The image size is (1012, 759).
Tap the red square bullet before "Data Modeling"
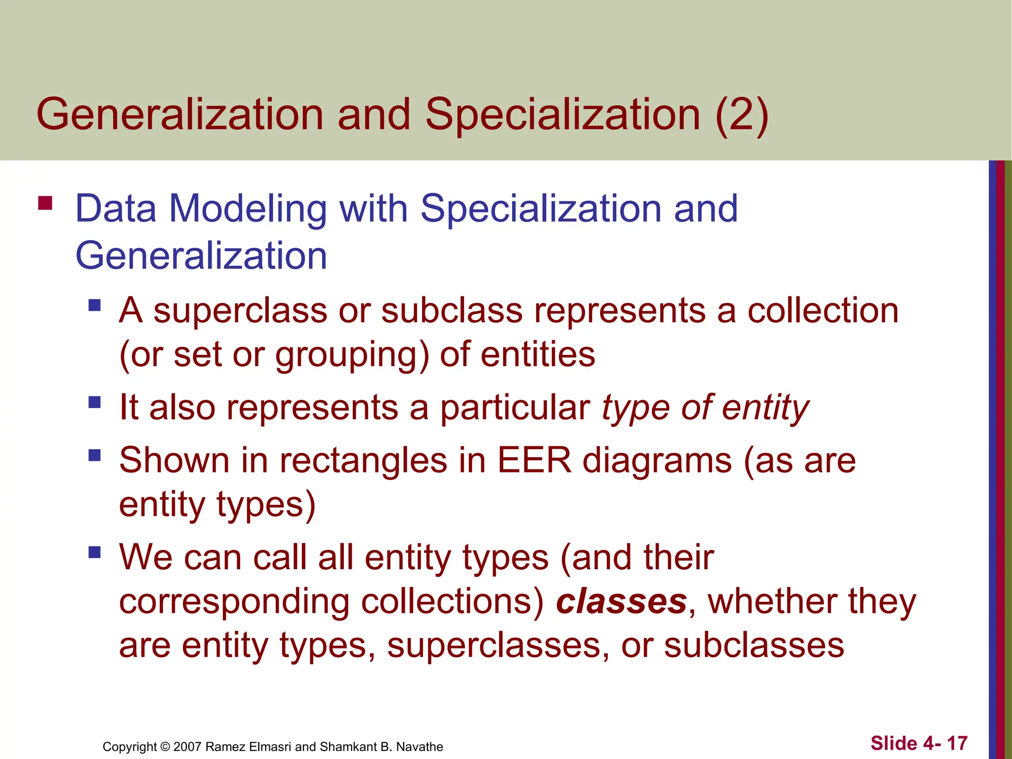click(x=45, y=203)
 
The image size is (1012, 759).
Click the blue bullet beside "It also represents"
click(x=94, y=402)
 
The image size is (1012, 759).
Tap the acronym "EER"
click(x=534, y=461)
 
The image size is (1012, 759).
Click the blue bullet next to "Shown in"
click(x=94, y=455)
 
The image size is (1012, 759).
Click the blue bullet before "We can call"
click(x=94, y=551)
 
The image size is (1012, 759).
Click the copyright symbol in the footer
click(x=165, y=747)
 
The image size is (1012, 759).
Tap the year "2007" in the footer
click(x=188, y=747)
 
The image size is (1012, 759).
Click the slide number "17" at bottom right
click(x=957, y=743)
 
